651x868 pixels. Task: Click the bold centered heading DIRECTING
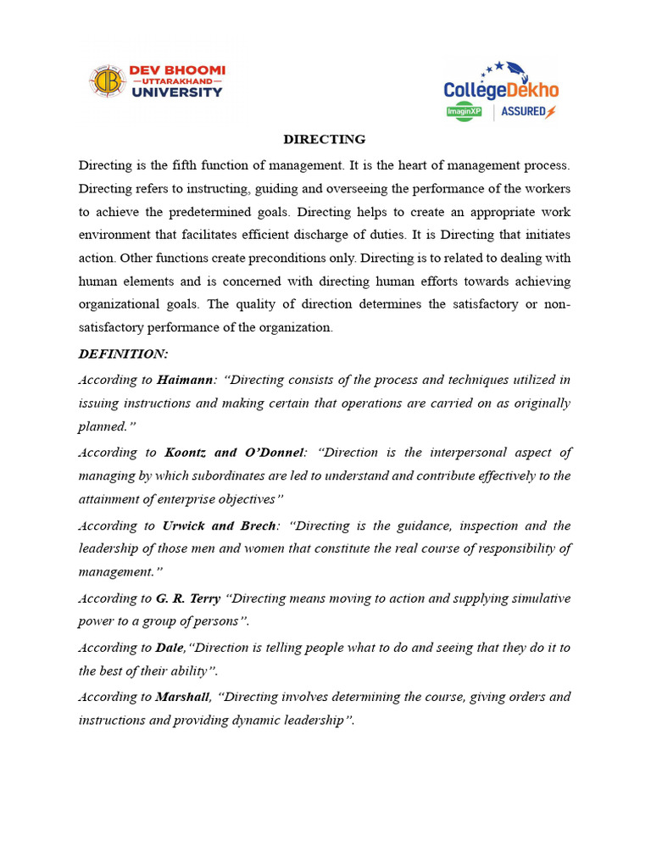tap(324, 139)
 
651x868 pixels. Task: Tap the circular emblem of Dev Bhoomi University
tap(107, 81)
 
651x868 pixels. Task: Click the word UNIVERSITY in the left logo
tap(176, 92)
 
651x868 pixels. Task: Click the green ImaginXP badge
tap(464, 112)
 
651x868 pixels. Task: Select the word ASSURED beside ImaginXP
tap(523, 112)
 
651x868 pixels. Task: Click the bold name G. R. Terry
tap(188, 598)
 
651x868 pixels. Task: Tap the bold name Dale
tap(170, 648)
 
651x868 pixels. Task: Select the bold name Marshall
tap(182, 697)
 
